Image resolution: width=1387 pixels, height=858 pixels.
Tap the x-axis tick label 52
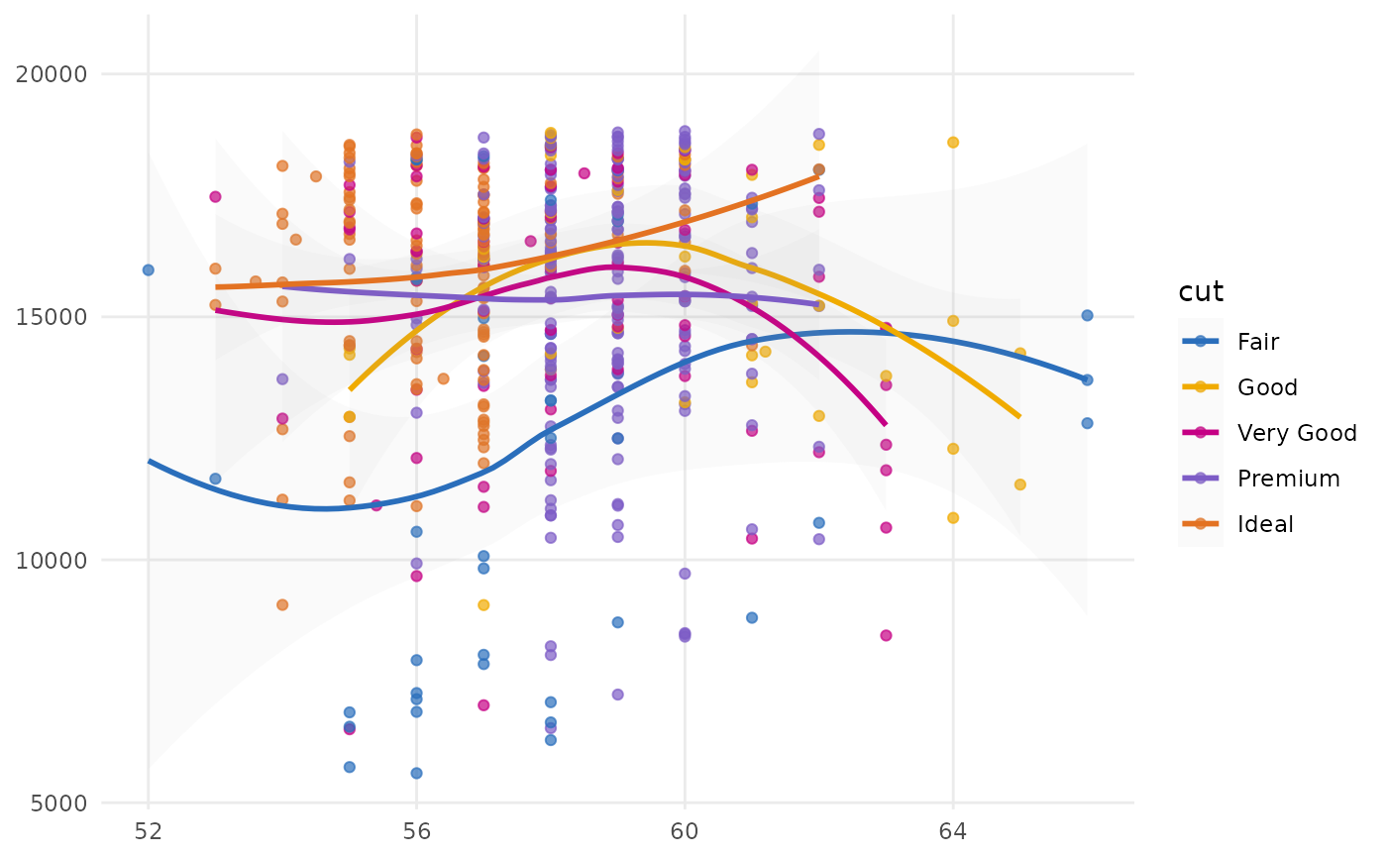coord(149,830)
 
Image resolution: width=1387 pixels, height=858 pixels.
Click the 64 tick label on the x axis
coord(953,830)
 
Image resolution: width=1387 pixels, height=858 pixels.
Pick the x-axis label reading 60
coord(685,830)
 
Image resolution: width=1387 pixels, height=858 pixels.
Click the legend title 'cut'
coord(1201,292)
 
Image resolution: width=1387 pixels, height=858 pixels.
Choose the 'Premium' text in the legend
coord(1288,479)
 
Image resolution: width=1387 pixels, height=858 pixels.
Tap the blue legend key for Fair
coord(1201,342)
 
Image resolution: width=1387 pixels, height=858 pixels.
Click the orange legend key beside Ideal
coord(1201,524)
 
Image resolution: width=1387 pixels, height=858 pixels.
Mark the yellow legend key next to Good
coord(1201,387)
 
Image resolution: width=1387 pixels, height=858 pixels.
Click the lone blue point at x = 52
coord(149,269)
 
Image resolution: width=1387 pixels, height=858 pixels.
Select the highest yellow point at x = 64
coord(953,143)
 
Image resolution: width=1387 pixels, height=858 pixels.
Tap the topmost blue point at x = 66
coord(1087,315)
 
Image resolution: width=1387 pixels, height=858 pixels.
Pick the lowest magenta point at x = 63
coord(886,635)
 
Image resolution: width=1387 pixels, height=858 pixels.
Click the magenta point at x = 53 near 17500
coord(215,197)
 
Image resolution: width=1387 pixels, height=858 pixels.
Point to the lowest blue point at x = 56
coord(416,773)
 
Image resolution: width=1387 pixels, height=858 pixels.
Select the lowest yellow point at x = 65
coord(1019,484)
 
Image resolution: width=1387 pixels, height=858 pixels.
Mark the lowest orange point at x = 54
coord(282,604)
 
